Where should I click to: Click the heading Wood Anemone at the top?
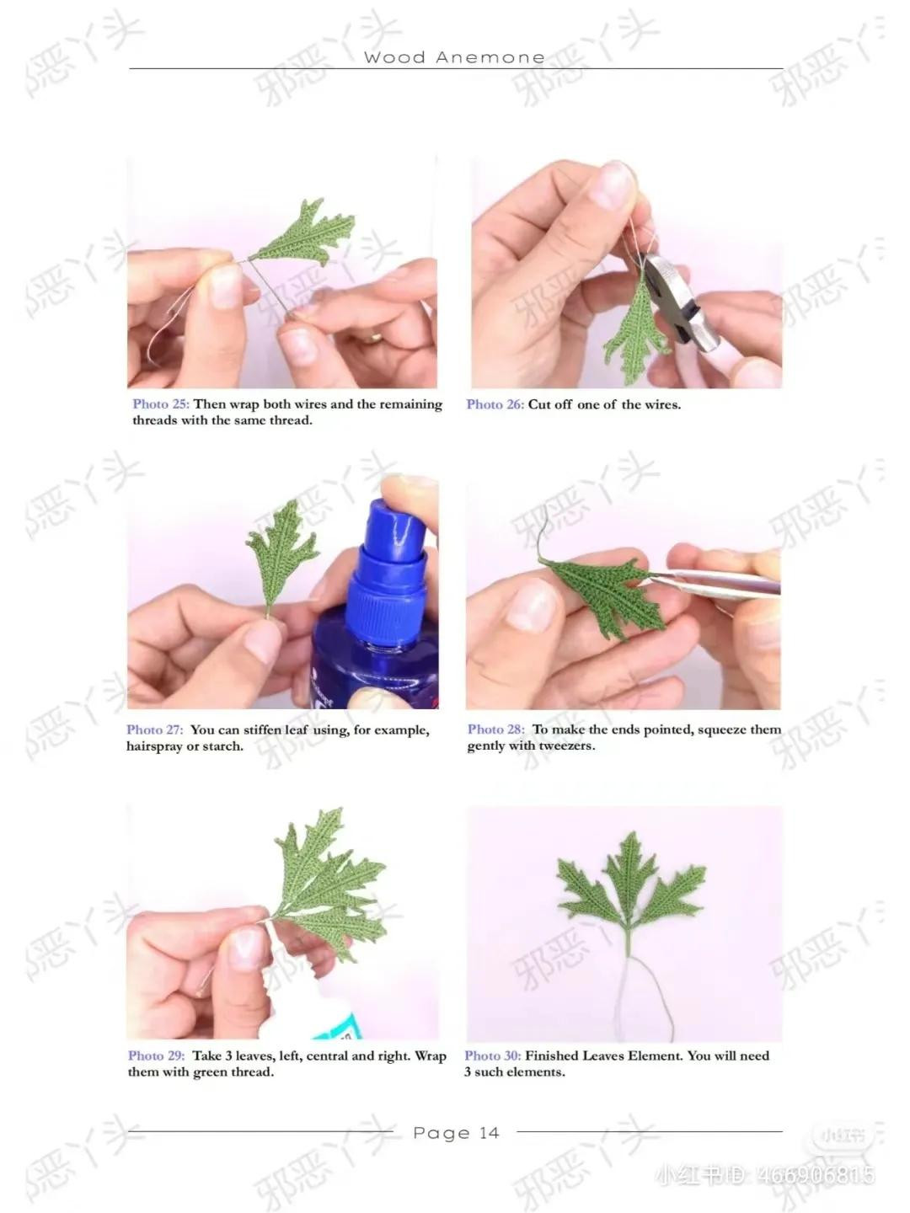(454, 57)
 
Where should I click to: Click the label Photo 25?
(160, 404)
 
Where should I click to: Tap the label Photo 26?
(495, 404)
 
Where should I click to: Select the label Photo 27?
(154, 730)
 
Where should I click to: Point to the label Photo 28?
(495, 729)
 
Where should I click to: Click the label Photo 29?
(156, 1055)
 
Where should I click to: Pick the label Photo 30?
(492, 1055)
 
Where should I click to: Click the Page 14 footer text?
(456, 1133)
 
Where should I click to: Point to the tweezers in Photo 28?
(725, 581)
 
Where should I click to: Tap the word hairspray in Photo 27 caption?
(153, 746)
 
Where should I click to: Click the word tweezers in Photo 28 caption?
(565, 745)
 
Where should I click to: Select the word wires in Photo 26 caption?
(661, 404)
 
